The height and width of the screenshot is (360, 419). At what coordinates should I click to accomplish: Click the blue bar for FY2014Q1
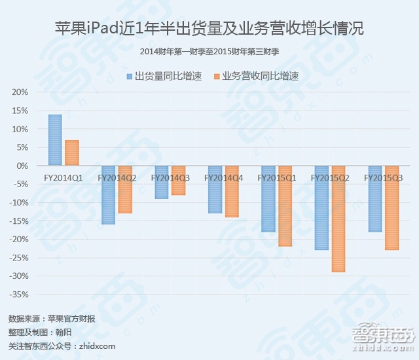[x=55, y=140]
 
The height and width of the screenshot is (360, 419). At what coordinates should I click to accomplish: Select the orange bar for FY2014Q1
[x=72, y=153]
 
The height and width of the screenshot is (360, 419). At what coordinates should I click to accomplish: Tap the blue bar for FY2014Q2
[x=108, y=195]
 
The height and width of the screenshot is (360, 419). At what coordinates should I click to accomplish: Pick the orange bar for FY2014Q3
[x=178, y=180]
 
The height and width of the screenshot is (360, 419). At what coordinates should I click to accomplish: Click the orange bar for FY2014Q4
[x=232, y=191]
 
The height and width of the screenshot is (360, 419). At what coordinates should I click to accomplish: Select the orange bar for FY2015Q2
[x=338, y=219]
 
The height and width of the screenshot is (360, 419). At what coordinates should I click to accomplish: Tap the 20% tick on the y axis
[x=19, y=92]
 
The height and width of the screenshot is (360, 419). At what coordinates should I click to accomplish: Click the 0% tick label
[x=21, y=166]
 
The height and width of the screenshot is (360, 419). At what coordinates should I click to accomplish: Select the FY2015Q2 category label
[x=329, y=177]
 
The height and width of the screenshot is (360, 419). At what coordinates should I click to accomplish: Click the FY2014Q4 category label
[x=224, y=177]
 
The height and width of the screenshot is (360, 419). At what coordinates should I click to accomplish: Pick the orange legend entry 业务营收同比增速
[x=256, y=77]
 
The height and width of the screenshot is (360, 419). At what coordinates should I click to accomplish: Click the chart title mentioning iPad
[x=209, y=29]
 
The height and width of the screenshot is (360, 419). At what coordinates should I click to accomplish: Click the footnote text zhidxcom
[x=62, y=346]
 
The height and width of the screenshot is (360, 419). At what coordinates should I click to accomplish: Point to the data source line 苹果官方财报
[x=52, y=319]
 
